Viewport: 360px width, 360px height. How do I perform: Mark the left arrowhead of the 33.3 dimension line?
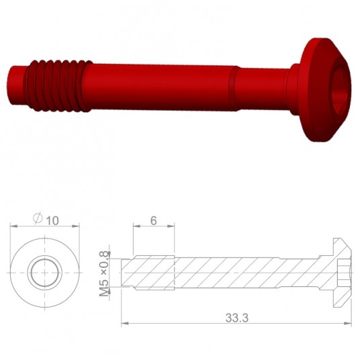(124, 324)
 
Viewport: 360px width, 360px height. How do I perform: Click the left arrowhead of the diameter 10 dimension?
(13, 227)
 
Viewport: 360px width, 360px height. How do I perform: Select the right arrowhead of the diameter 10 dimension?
(78, 227)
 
